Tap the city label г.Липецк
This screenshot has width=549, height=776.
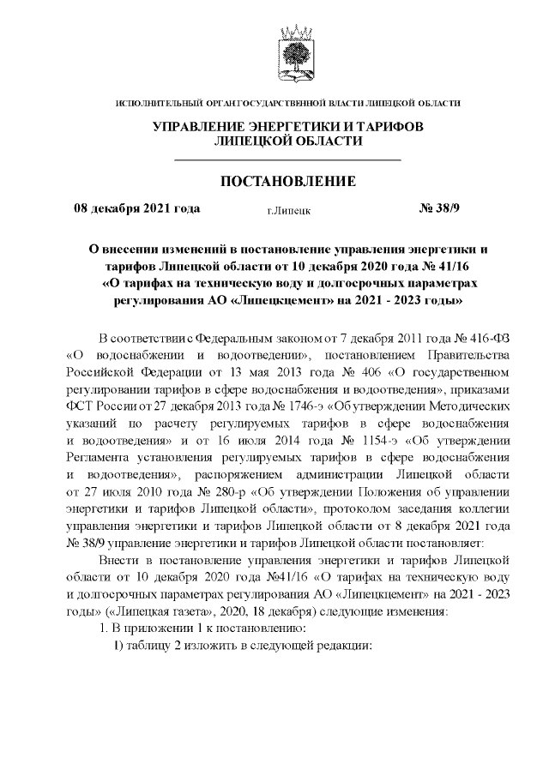[288, 209]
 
